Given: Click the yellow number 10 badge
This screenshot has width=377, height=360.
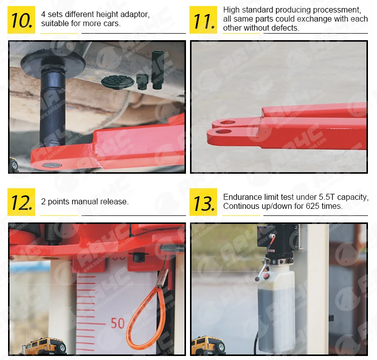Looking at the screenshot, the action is click(22, 20).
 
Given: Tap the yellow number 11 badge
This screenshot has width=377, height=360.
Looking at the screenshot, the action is click(203, 20).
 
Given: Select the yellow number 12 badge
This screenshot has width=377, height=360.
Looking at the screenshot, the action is click(22, 202).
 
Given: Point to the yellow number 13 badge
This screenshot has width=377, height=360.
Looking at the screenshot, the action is click(203, 202).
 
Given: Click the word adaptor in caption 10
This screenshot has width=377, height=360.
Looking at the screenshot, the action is click(135, 15).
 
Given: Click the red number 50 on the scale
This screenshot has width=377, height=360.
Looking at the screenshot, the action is click(118, 323).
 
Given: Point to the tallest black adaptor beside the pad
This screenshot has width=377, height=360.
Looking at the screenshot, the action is click(157, 70).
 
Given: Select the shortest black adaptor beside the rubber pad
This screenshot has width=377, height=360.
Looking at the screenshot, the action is click(142, 82).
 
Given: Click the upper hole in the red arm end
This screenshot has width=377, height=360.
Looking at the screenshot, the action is click(227, 123).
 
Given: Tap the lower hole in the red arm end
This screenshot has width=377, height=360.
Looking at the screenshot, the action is click(223, 132).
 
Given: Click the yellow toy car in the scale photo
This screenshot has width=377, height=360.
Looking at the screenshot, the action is click(44, 346).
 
